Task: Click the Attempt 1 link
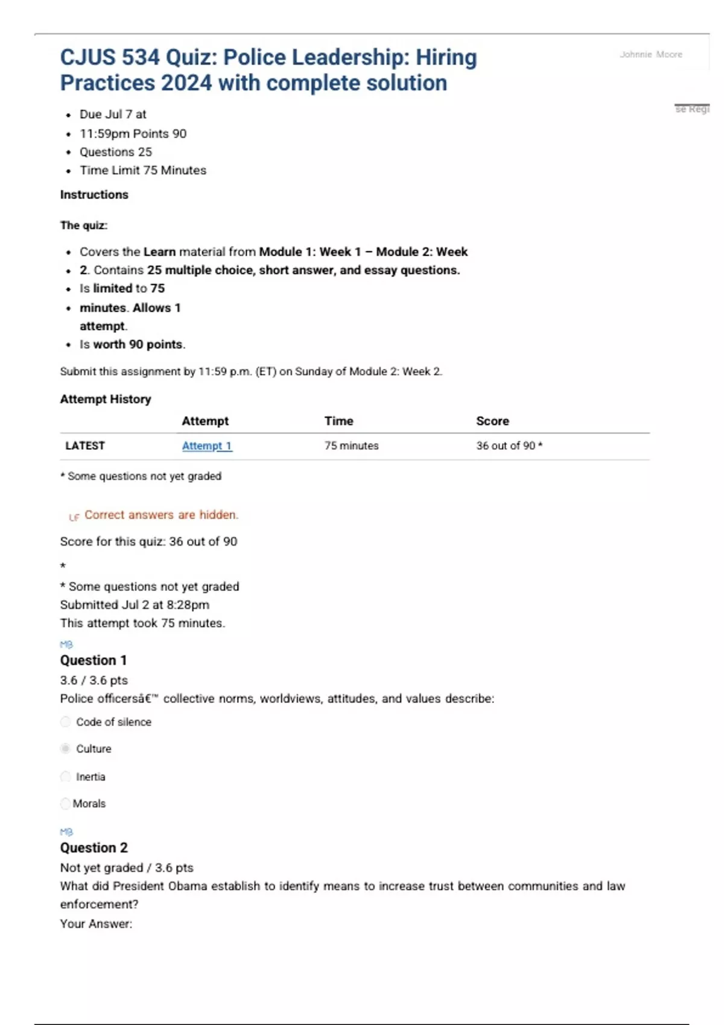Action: coord(206,446)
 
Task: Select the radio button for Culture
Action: coord(66,749)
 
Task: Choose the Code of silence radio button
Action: coord(66,722)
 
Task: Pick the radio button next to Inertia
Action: coord(66,777)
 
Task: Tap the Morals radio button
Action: coord(65,804)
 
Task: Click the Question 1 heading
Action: coord(93,660)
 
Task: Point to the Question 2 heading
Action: coord(94,848)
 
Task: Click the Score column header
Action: coord(492,421)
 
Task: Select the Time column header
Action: coord(338,421)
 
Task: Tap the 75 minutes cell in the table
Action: coord(351,446)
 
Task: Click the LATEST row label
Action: coord(85,446)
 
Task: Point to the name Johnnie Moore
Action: coord(651,54)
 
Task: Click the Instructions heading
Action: coord(94,195)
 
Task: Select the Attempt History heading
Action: coord(106,399)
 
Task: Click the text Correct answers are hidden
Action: coord(161,515)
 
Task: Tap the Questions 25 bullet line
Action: coord(116,152)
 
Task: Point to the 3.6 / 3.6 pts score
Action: coord(94,680)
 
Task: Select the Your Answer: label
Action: coord(96,924)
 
